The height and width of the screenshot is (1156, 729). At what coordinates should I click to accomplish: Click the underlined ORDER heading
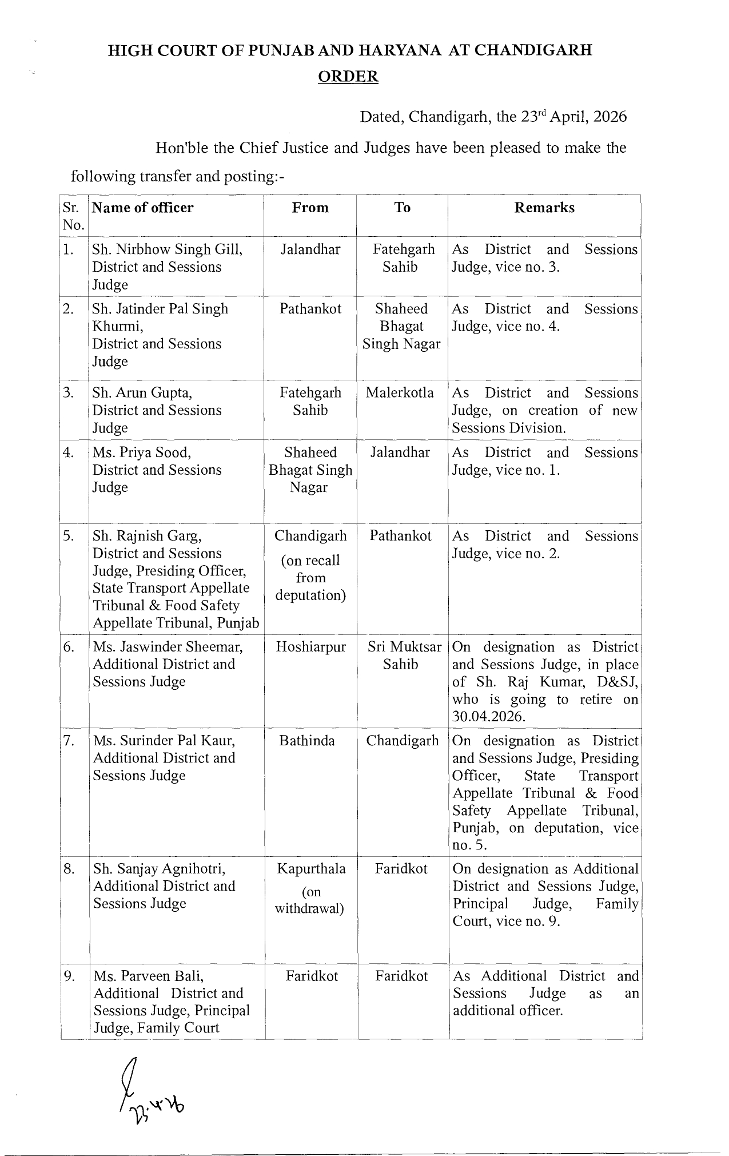[x=348, y=77]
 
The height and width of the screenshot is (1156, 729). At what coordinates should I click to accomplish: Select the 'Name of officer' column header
[x=143, y=208]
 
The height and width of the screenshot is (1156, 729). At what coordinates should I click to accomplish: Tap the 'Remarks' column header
[x=544, y=208]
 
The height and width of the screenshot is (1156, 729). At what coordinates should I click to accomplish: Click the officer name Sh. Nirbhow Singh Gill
[x=168, y=250]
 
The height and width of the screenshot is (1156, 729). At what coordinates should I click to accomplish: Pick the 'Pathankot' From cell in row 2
[x=310, y=309]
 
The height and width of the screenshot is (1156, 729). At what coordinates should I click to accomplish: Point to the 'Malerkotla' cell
[x=400, y=393]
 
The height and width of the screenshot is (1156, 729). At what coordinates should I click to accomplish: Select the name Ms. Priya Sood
[x=142, y=452]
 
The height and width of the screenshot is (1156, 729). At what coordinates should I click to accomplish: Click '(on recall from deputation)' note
[x=310, y=578]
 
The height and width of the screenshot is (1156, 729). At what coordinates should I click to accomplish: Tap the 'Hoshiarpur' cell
[x=310, y=647]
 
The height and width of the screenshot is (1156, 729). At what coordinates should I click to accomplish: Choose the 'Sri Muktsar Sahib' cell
[x=404, y=656]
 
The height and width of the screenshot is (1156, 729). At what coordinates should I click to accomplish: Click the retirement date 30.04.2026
[x=488, y=717]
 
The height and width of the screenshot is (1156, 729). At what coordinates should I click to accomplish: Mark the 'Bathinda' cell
[x=307, y=741]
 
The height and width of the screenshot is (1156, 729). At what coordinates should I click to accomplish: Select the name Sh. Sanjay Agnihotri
[x=160, y=869]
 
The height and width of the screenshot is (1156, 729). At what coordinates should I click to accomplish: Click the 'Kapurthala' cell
[x=311, y=869]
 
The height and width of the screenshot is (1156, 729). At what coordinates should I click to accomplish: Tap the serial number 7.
[x=69, y=741]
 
